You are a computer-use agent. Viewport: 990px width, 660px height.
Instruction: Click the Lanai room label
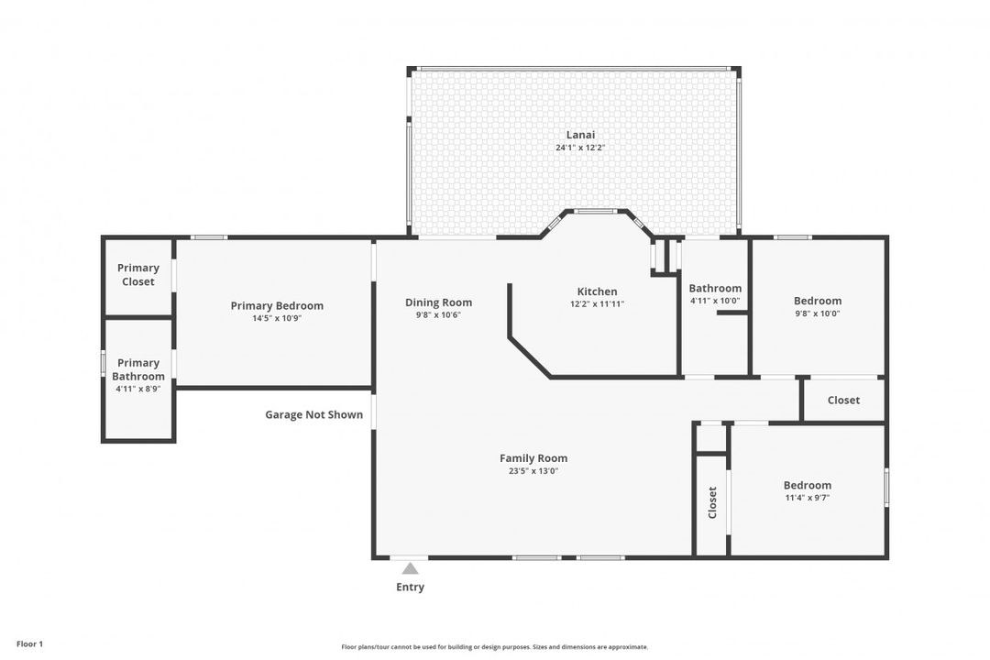point(580,135)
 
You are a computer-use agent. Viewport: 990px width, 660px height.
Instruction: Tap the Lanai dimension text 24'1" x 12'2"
point(580,148)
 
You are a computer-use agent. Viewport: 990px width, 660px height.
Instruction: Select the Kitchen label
point(598,291)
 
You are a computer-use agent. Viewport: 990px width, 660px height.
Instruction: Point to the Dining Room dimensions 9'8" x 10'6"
point(439,315)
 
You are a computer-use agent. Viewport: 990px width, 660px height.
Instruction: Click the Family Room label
point(533,458)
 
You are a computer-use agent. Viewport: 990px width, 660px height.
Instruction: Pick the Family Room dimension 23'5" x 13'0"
point(533,471)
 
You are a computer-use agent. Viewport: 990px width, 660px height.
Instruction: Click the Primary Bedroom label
point(277,305)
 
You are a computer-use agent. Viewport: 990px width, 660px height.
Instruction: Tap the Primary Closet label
point(138,275)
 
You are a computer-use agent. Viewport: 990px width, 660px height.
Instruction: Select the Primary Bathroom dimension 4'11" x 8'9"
point(138,389)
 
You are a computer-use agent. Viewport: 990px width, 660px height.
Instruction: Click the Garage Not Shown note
point(313,415)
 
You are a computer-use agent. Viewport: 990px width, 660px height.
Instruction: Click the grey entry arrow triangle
point(411,568)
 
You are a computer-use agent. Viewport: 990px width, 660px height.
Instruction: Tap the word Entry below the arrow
point(411,588)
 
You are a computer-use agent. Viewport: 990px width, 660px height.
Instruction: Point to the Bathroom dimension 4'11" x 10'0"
point(715,302)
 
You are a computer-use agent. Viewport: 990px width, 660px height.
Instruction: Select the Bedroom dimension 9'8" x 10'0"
point(818,313)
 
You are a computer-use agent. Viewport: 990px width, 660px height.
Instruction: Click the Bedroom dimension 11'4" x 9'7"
point(808,498)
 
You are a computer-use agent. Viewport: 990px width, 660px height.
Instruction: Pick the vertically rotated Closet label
point(713,502)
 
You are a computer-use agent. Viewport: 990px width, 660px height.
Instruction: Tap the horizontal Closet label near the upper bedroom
point(843,401)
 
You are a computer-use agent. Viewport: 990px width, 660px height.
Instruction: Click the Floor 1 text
point(29,644)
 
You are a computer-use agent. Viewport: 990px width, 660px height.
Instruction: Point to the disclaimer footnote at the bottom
point(495,647)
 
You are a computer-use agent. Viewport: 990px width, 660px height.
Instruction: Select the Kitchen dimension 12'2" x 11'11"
point(598,303)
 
